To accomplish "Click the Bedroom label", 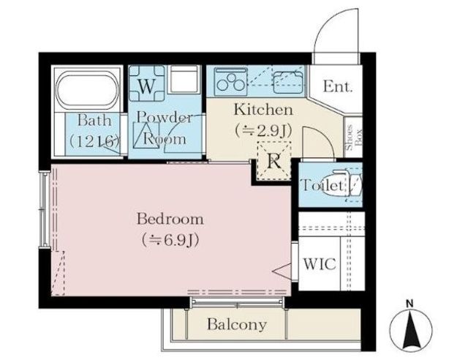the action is tap(170, 219).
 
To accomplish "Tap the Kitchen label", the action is tap(263, 110).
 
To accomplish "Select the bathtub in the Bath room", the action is tap(87, 89).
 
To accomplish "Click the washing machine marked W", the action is tap(146, 83).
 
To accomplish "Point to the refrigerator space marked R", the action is tap(274, 161).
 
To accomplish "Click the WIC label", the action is tap(320, 264).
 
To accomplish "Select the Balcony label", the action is tap(237, 324).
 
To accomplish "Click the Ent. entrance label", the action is tap(338, 87).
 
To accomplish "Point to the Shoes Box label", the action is tap(353, 137).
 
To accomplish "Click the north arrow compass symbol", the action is tap(411, 330).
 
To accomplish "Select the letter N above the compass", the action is tap(410, 304).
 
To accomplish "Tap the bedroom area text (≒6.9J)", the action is tap(170, 239).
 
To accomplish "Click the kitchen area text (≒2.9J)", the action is tap(263, 130).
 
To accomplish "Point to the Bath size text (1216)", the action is tap(94, 141).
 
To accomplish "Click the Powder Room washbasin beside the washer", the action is tap(184, 79).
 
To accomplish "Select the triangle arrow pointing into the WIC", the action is tap(282, 271).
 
